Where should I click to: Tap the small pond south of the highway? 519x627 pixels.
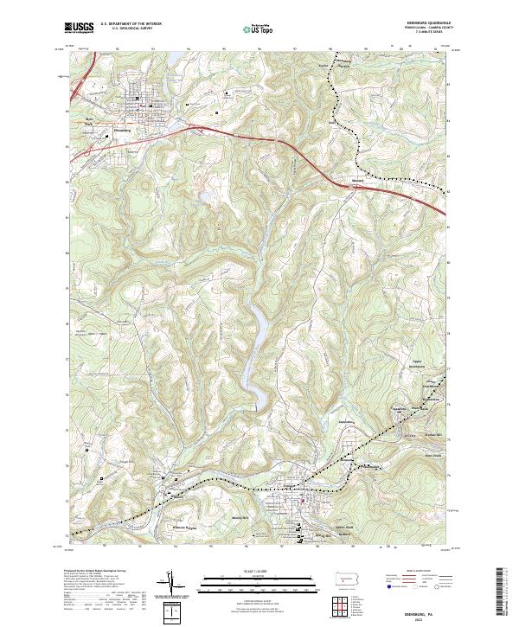pos(208,198)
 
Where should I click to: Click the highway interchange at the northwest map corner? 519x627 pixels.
pos(78,82)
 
